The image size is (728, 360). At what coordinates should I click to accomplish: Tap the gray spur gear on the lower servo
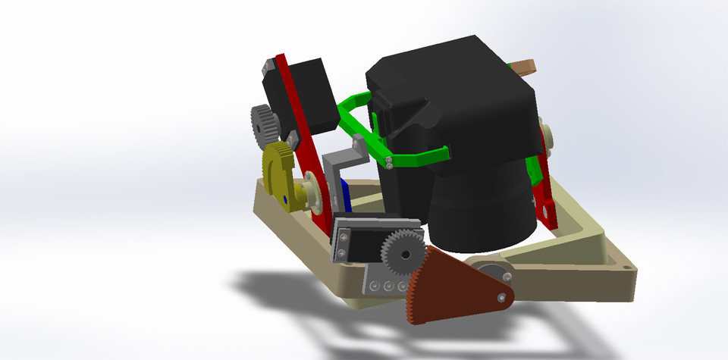click(x=400, y=251)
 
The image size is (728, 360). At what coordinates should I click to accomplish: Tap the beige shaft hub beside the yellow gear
click(x=312, y=196)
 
